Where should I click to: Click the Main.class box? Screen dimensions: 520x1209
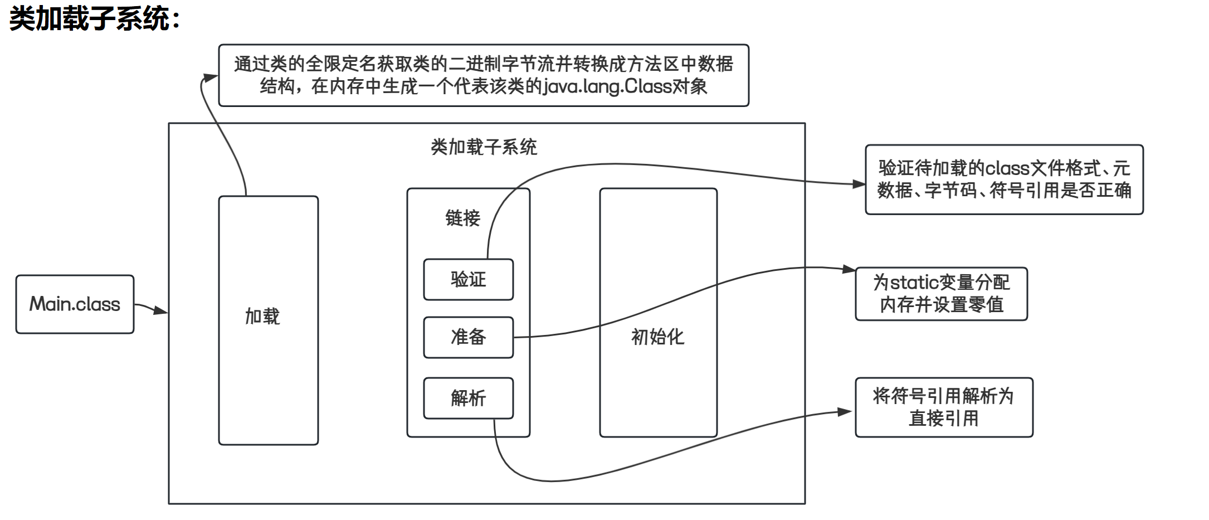(75, 304)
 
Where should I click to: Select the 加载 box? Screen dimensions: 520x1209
(268, 320)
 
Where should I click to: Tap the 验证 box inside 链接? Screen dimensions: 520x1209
(468, 279)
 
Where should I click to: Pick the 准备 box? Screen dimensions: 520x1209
(468, 337)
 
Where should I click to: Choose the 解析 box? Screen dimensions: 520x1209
(468, 398)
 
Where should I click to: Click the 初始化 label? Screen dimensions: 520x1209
(657, 337)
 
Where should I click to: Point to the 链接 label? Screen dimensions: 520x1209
(462, 218)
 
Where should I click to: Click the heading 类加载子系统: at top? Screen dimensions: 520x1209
(95, 19)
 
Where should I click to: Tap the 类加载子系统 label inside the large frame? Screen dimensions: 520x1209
(484, 147)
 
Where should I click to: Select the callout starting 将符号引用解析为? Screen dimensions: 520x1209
(944, 407)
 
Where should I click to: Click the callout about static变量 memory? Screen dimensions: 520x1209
(941, 294)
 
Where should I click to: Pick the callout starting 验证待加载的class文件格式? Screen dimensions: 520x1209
(1004, 179)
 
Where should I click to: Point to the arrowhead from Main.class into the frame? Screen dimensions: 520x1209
(162, 310)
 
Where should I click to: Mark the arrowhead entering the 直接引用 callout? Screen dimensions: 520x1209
(846, 412)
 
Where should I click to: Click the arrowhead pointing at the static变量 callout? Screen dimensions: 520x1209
(849, 270)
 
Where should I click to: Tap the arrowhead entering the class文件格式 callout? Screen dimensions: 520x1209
(859, 184)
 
